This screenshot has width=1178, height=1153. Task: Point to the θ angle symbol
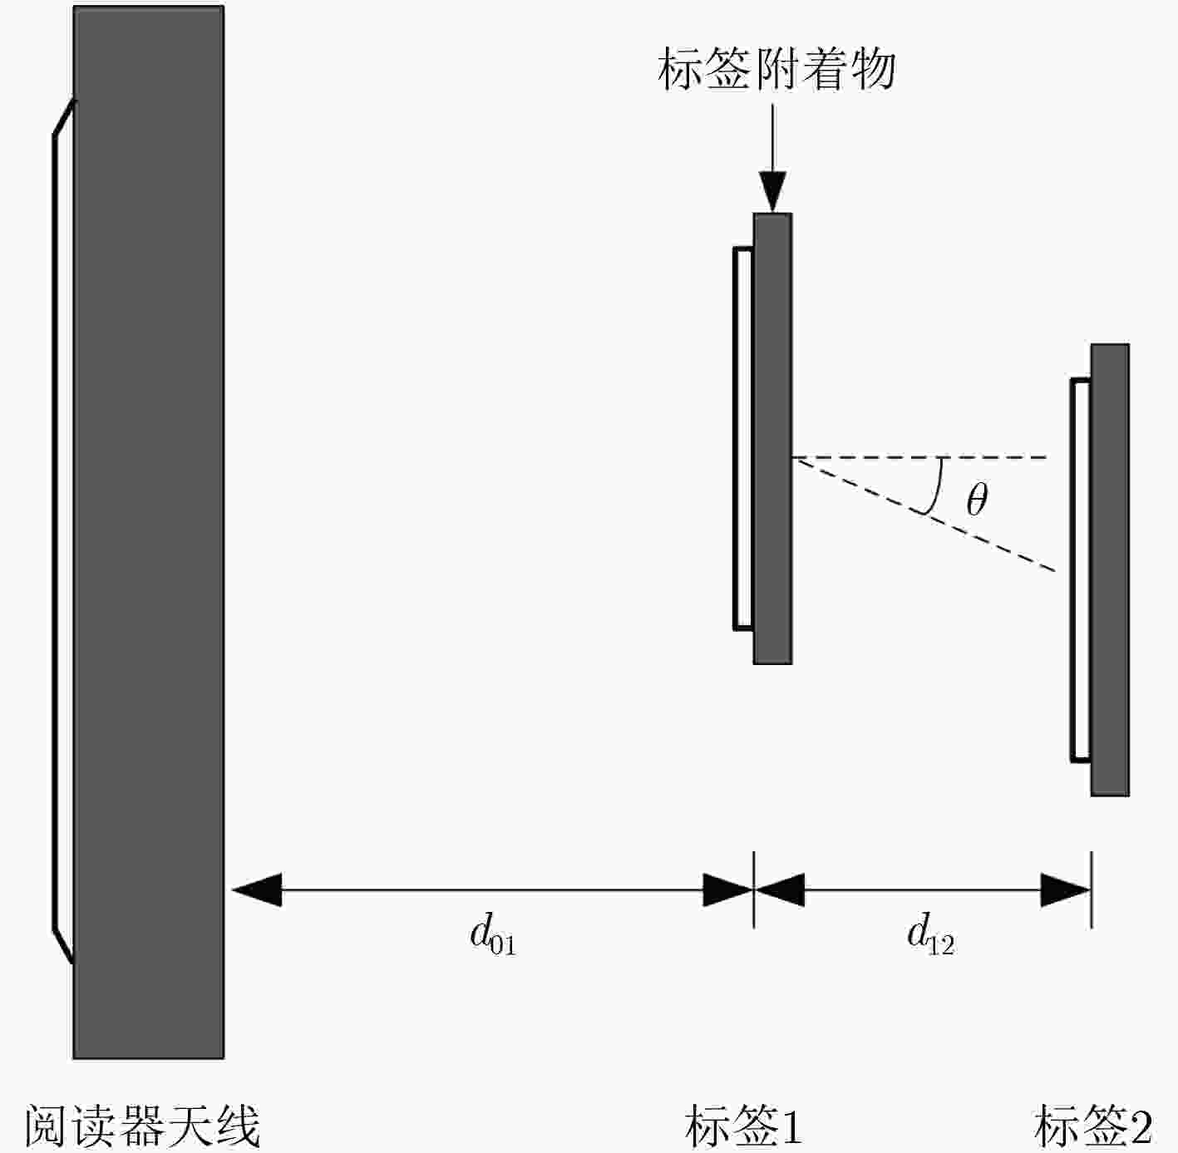tap(977, 500)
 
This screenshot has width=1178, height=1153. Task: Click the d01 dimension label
tap(493, 934)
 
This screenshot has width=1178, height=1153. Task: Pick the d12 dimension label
tap(930, 934)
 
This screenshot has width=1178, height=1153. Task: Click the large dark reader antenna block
tap(149, 532)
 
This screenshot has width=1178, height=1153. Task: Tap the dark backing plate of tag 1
tap(772, 438)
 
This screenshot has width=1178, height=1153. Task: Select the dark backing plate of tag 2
tap(1110, 569)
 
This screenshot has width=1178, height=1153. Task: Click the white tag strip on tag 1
tap(743, 438)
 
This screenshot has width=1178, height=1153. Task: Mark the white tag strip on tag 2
tap(1081, 570)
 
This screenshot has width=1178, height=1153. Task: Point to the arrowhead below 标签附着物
tap(772, 192)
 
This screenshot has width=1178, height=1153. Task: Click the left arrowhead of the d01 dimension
tap(257, 889)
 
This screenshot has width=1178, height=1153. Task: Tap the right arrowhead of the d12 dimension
tap(1066, 889)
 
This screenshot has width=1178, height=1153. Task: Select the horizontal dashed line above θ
tap(920, 457)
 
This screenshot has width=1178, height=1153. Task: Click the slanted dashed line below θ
tap(924, 515)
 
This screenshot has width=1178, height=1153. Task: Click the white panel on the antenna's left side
tap(63, 532)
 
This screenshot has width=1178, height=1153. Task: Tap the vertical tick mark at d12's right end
tap(1092, 889)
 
